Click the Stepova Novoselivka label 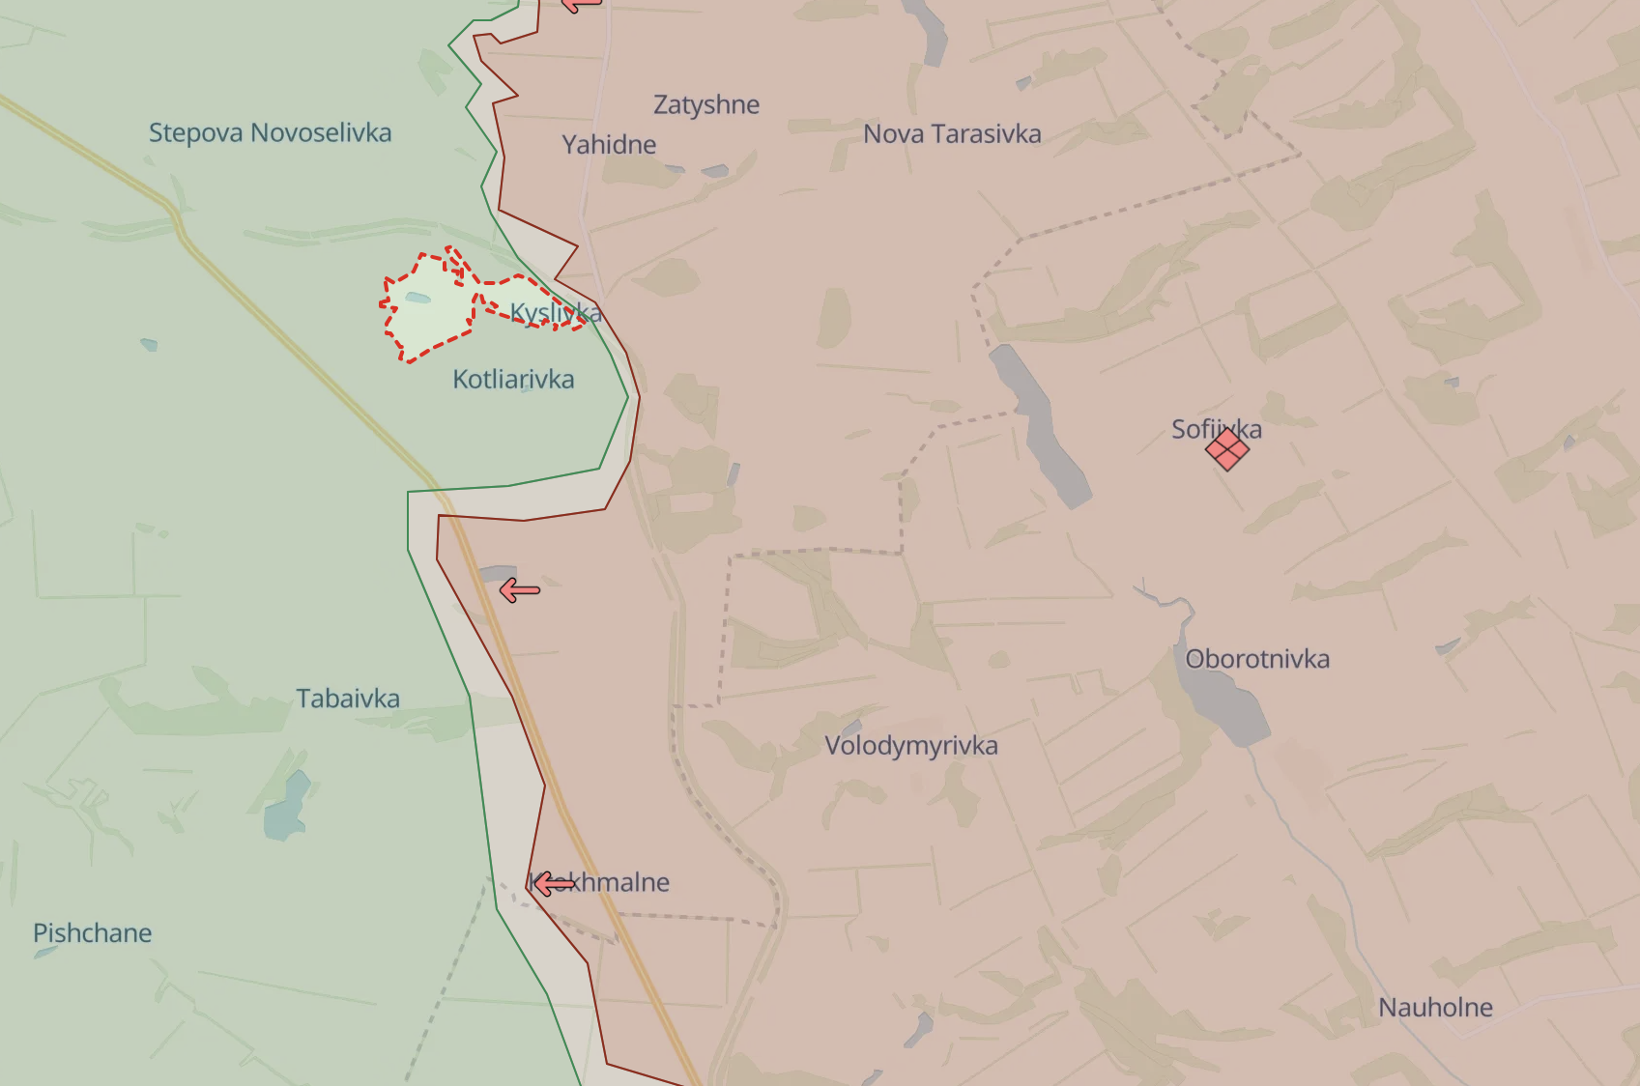(x=270, y=132)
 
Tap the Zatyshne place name (x=706, y=104)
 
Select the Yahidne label (x=609, y=145)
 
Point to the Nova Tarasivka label (x=952, y=133)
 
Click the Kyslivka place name (x=556, y=313)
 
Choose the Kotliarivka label (x=513, y=379)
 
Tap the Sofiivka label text (x=1216, y=428)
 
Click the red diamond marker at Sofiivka (x=1227, y=449)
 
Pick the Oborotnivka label (x=1257, y=659)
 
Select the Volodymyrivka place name (x=910, y=746)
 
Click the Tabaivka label (x=348, y=699)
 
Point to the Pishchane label (x=93, y=933)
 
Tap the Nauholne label (x=1435, y=1008)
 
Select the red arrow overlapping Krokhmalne (x=553, y=883)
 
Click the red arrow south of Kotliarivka (x=519, y=590)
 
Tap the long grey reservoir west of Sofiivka (x=1040, y=425)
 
